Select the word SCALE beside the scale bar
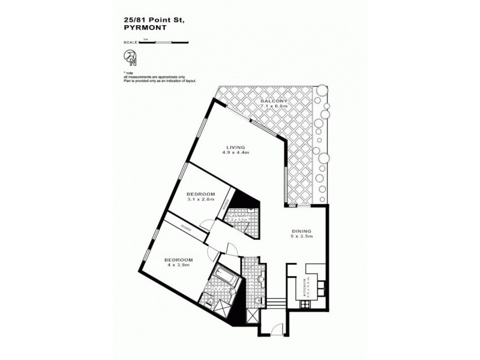(x=130, y=42)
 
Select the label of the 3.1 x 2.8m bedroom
(x=201, y=194)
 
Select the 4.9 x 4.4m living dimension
(x=236, y=153)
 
